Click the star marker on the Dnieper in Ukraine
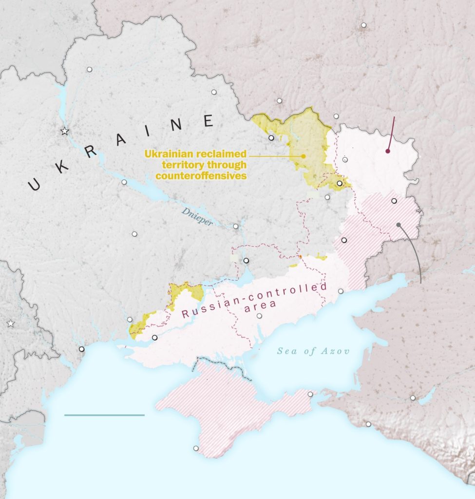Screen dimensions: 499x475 pos(64,131)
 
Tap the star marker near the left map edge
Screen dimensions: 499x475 pos(11,324)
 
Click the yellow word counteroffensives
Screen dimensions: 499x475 pos(201,176)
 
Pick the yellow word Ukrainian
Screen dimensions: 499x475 pos(169,154)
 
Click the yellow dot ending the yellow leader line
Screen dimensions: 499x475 pos(304,156)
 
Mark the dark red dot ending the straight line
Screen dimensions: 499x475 pos(388,151)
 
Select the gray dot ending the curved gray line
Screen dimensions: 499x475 pos(399,225)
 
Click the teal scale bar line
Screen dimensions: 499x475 pos(104,415)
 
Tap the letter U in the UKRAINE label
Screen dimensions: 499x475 pos(34,184)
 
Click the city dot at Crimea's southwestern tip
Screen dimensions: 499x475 pos(196,448)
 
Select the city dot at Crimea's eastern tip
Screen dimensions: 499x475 pos(310,394)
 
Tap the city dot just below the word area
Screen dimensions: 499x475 pos(259,316)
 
